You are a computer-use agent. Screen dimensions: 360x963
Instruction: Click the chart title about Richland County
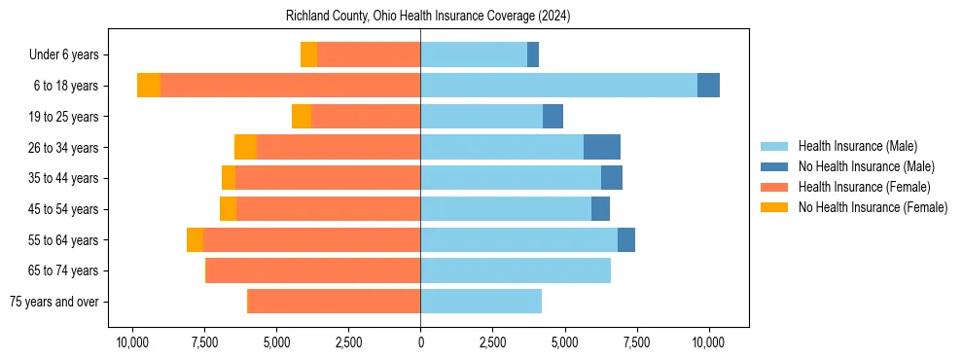click(x=428, y=17)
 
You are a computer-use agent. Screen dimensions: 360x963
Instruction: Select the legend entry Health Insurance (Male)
click(x=857, y=146)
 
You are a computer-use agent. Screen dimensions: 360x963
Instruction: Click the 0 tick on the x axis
click(x=420, y=342)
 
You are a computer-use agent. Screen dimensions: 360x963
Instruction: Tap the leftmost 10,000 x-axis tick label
click(x=132, y=342)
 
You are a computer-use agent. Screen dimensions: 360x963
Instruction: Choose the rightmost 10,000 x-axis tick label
click(x=708, y=342)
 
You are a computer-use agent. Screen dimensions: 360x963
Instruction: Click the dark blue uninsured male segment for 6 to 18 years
click(x=708, y=86)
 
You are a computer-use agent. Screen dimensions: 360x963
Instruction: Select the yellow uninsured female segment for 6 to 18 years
click(x=149, y=86)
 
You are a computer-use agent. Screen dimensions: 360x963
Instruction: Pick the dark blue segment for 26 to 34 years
click(x=602, y=147)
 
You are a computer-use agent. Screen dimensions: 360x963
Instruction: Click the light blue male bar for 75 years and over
click(x=481, y=302)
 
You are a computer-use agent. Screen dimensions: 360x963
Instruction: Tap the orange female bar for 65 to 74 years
click(x=313, y=270)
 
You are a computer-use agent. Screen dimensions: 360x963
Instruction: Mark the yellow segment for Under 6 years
click(x=308, y=54)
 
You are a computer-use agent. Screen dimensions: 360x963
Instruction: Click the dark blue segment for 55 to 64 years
click(x=626, y=239)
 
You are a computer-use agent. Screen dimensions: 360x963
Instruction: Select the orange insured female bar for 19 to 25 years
click(x=366, y=117)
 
